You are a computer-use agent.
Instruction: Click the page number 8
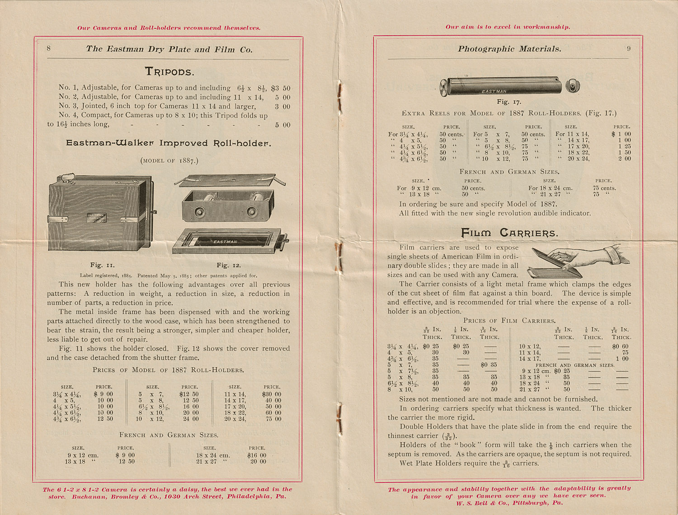49,48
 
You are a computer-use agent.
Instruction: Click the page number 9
629,48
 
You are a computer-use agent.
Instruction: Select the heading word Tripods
169,71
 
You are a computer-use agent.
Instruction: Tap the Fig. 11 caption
103,265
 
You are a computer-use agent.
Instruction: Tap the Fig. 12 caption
229,265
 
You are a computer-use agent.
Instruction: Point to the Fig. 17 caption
509,102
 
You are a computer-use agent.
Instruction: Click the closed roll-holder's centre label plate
96,218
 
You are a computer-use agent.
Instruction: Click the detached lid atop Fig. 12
230,180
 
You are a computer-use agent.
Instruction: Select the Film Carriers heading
509,233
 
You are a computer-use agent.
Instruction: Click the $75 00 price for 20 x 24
271,419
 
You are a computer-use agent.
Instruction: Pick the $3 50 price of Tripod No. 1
280,89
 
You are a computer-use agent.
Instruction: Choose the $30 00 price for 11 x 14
271,394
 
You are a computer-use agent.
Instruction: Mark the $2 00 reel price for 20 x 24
624,159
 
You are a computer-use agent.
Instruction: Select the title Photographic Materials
509,49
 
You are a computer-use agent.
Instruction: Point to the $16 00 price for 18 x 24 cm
257,455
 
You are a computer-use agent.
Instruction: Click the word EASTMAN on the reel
494,91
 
